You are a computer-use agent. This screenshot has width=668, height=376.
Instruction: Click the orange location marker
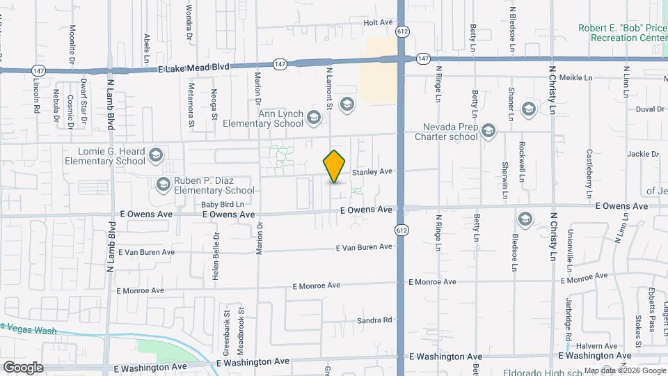(335, 166)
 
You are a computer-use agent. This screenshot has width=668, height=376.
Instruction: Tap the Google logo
(22, 368)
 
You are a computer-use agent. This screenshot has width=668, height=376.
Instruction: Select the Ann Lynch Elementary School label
(262, 118)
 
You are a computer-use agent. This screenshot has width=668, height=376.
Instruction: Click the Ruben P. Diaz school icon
(164, 185)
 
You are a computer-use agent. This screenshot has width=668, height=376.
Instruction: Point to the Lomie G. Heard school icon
(156, 155)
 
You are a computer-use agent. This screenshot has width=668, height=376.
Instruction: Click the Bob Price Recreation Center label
(622, 33)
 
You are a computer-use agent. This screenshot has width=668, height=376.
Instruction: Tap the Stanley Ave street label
(372, 171)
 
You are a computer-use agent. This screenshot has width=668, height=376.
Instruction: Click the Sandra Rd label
(375, 320)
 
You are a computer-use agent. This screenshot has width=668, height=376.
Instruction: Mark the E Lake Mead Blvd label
(193, 67)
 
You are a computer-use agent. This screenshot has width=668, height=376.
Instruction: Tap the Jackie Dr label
(642, 154)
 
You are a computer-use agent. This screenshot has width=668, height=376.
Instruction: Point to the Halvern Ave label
(601, 346)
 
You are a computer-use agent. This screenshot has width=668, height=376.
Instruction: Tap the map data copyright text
(623, 370)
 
